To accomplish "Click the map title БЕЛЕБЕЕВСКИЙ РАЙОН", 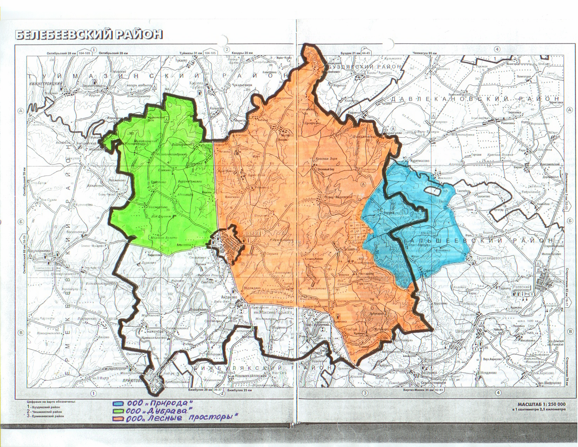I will tap(88, 35).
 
